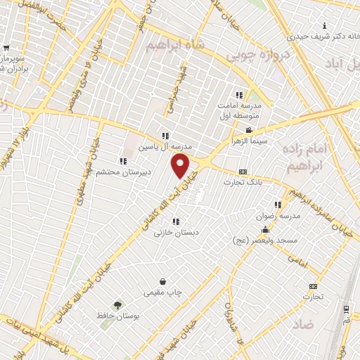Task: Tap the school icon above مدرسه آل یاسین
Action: click(x=165, y=136)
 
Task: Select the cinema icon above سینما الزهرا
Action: click(x=249, y=131)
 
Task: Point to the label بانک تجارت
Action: click(x=243, y=182)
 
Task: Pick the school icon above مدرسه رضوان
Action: click(x=278, y=205)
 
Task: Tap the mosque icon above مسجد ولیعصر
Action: click(x=265, y=230)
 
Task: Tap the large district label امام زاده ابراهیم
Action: click(x=304, y=158)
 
